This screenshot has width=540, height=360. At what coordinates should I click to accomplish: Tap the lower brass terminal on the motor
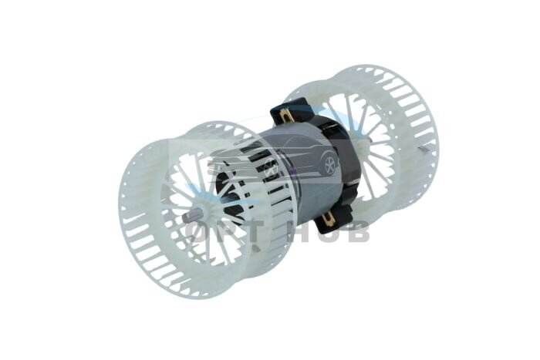pyautogui.click(x=329, y=218)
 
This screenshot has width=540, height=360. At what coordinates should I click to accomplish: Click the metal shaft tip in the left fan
pyautogui.click(x=190, y=217)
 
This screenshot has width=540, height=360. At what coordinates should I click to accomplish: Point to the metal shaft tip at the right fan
pyautogui.click(x=424, y=149)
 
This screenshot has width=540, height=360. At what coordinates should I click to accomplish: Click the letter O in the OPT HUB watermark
pyautogui.click(x=199, y=231)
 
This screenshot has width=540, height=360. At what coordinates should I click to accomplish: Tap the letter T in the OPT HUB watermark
pyautogui.click(x=255, y=231)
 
